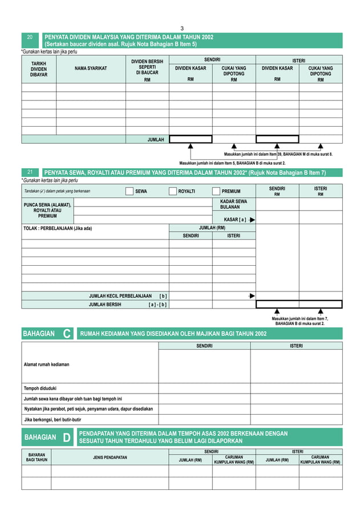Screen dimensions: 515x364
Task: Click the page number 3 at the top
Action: (182, 28)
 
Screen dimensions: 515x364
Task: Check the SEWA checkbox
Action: (130, 192)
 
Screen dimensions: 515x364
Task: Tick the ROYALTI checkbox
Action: (173, 192)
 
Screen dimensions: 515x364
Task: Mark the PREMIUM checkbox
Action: (216, 192)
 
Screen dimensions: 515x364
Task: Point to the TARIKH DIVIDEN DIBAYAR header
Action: (39, 69)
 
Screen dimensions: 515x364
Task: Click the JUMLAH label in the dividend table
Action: (156, 139)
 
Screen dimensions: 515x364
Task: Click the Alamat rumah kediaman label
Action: (47, 363)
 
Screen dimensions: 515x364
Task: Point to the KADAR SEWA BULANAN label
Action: (233, 204)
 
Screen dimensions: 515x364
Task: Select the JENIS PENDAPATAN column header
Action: (110, 457)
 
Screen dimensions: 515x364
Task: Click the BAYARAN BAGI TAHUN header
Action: (37, 457)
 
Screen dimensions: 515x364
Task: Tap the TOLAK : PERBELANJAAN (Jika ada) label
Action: (57, 229)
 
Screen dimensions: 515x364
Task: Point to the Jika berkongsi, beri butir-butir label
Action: (52, 419)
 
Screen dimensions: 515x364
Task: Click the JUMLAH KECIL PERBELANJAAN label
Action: (120, 296)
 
